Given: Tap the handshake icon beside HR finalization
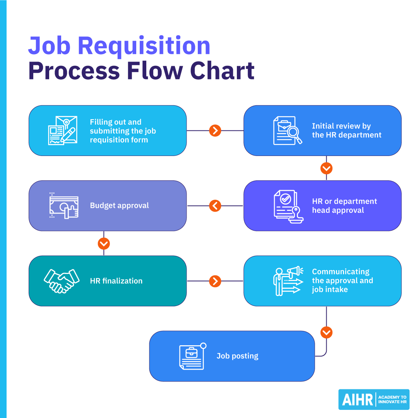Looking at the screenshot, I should [62, 281].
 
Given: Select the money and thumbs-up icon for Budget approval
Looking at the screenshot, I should [64, 206].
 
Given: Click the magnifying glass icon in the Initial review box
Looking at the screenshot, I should [294, 134].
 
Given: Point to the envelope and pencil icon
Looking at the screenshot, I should [62, 130].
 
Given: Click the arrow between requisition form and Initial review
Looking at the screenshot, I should [215, 131].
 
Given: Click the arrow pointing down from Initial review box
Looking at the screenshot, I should [326, 168].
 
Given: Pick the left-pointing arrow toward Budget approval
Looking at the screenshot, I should [215, 206].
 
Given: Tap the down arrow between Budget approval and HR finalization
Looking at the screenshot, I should [104, 243].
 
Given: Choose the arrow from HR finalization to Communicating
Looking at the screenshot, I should [215, 281].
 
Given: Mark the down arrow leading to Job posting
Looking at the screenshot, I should [326, 332].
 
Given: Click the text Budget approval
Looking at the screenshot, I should [119, 206].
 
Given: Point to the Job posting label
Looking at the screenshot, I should [237, 356].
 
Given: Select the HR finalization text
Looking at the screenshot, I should [116, 281].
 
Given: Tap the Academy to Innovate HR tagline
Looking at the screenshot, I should [392, 400].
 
